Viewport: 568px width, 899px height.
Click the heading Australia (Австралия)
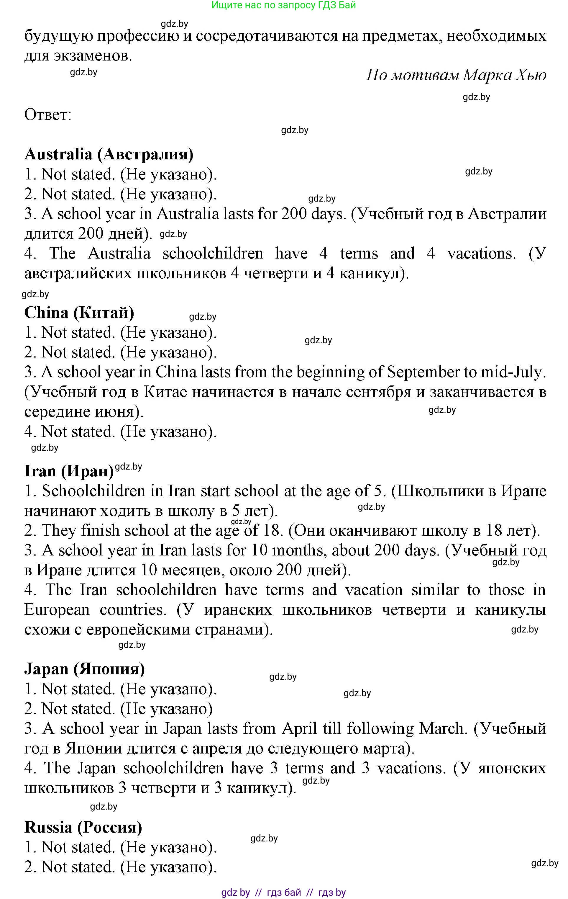click(x=109, y=154)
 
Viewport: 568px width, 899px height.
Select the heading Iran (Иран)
click(x=69, y=471)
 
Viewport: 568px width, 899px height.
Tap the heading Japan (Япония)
click(x=85, y=669)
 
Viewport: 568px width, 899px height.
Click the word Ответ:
click(x=48, y=114)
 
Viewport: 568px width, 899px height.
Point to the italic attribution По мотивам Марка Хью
click(x=456, y=75)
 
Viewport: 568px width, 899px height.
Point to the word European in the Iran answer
click(x=57, y=610)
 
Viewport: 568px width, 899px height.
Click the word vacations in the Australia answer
click(x=481, y=254)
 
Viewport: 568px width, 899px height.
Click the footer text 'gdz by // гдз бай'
click(x=283, y=892)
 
